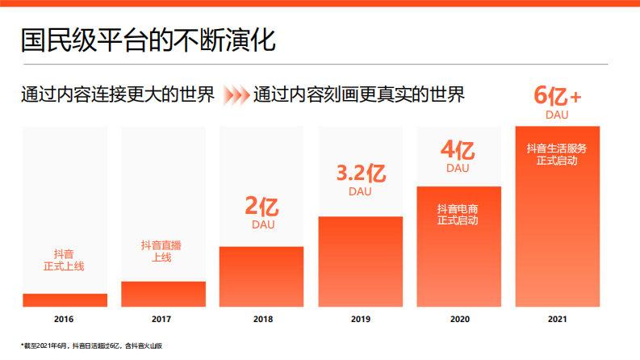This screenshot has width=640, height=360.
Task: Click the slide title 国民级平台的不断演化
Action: coord(148,39)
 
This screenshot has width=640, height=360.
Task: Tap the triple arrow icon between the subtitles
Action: coord(236,95)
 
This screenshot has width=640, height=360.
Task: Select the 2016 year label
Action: coord(65,320)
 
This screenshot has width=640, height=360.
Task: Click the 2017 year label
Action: coord(162,320)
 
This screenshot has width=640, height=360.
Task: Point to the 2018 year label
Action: coord(261,320)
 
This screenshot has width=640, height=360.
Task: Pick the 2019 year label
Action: coord(360,320)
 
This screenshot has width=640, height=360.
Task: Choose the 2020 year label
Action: coord(458,320)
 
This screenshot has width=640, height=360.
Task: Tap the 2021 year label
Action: coord(557,320)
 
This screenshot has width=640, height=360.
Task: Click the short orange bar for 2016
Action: coord(65,300)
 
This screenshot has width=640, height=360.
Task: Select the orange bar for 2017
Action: coord(163,294)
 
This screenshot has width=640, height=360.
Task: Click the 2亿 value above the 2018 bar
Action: coord(261,207)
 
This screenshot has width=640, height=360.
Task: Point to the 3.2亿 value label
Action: coord(360,174)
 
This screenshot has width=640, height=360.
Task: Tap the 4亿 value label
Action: coord(458,150)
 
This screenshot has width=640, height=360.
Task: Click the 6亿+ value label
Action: coord(557,96)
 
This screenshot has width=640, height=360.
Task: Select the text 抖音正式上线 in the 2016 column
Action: coord(65,258)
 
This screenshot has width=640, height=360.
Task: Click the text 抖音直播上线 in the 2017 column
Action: coord(162,251)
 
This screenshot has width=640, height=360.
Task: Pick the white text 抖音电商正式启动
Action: coord(458,214)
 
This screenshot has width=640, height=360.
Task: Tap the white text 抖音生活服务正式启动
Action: coord(557,154)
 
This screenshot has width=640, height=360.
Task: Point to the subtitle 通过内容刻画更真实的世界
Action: coord(358,95)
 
